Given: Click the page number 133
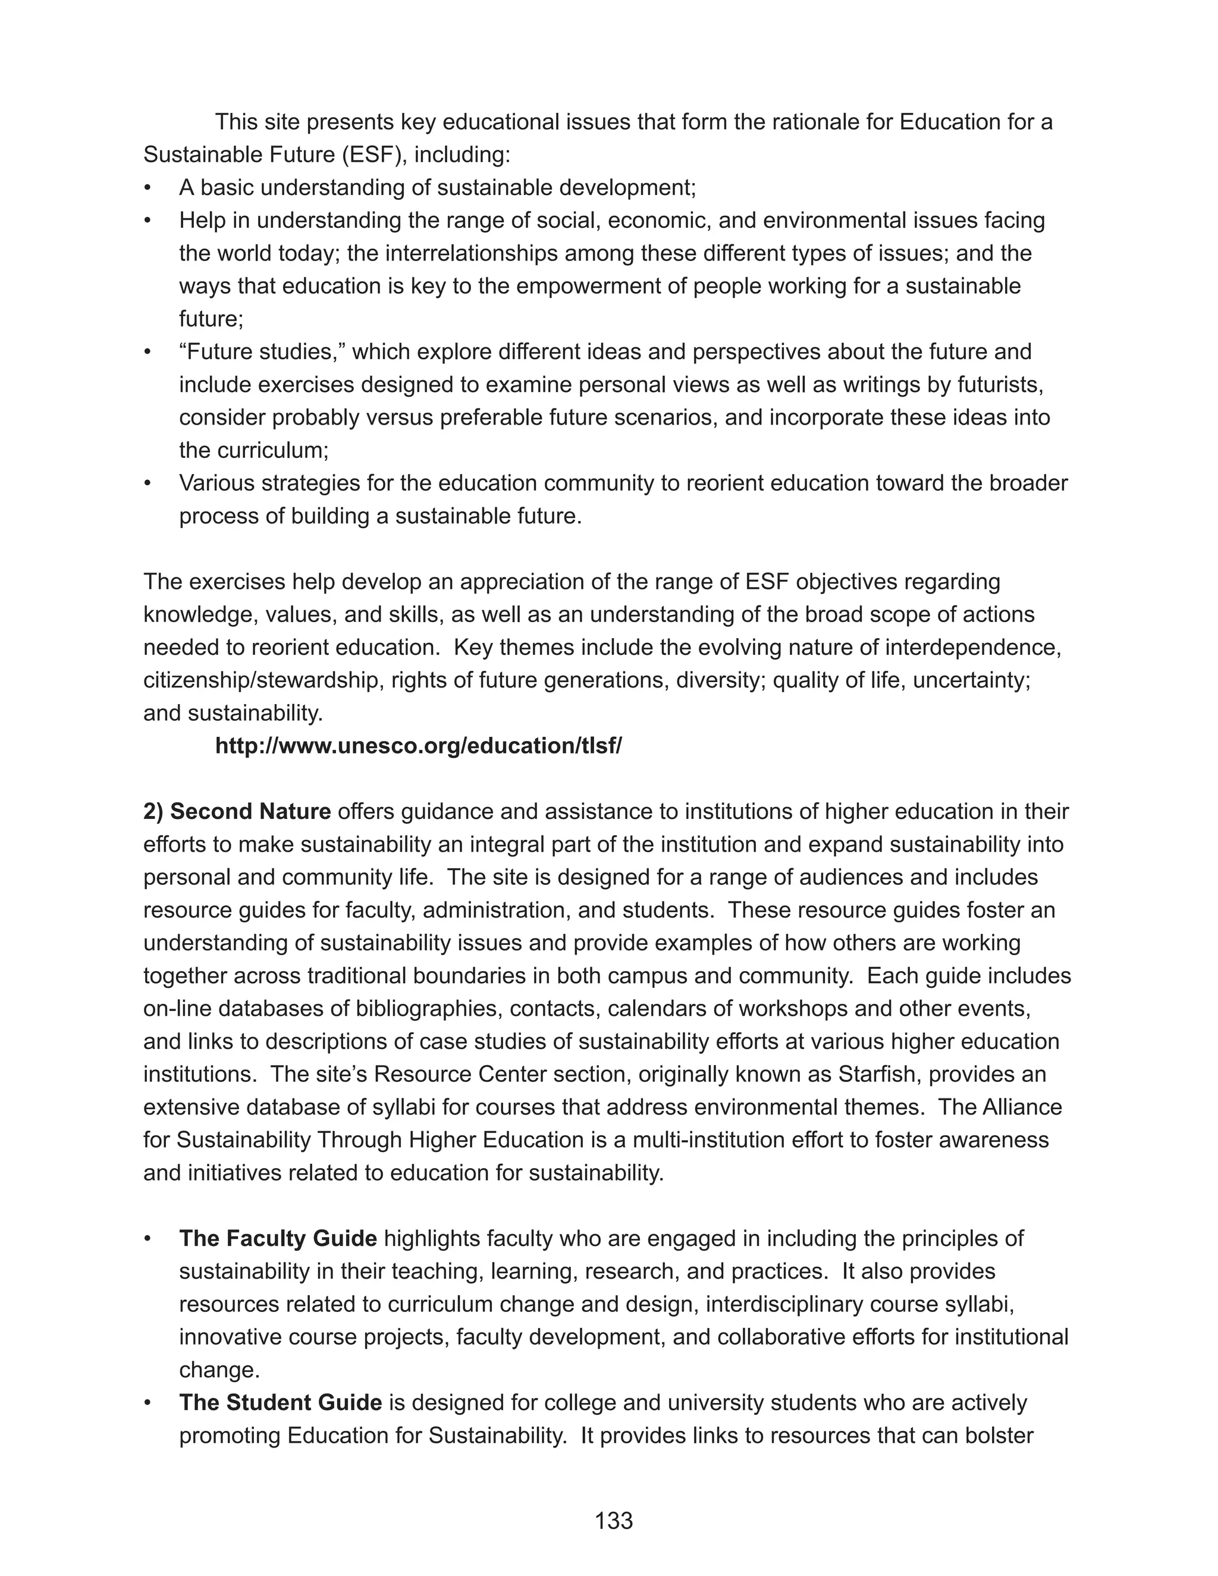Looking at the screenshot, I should pyautogui.click(x=613, y=1521).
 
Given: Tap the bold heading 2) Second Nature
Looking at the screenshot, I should pyautogui.click(x=237, y=812).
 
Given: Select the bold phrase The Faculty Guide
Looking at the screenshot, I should pyautogui.click(x=278, y=1238).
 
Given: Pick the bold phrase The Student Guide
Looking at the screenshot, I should pyautogui.click(x=280, y=1402).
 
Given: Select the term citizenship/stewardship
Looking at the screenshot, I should pyautogui.click(x=263, y=680).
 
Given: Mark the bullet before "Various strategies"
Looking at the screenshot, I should pyautogui.click(x=148, y=484).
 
